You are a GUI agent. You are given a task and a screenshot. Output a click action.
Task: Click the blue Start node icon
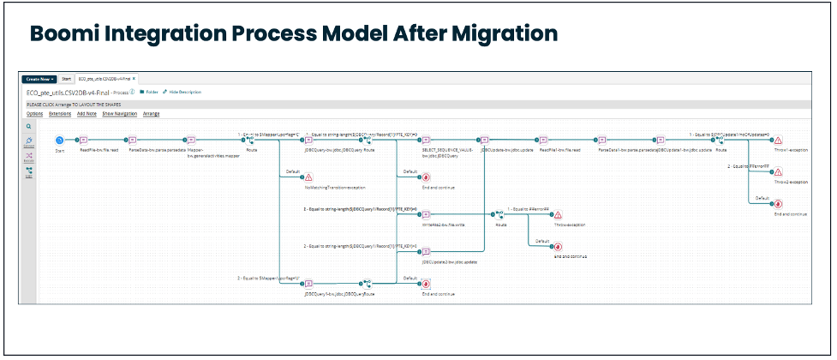59,140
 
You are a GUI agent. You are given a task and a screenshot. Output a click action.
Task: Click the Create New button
39,78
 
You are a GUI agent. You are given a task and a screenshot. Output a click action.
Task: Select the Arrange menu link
151,113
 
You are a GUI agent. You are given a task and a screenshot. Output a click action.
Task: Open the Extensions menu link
60,113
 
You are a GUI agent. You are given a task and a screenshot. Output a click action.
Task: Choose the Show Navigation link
119,113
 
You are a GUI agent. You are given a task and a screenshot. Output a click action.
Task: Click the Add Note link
87,113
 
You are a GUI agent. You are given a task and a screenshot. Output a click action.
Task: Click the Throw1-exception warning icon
778,140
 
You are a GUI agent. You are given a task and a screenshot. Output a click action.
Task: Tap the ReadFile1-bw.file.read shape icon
542,140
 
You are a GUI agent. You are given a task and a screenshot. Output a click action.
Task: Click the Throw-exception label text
570,225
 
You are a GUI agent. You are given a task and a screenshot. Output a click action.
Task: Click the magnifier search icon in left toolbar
28,125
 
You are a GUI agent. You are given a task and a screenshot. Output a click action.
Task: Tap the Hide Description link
184,91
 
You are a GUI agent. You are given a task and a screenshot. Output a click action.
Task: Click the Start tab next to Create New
66,78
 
